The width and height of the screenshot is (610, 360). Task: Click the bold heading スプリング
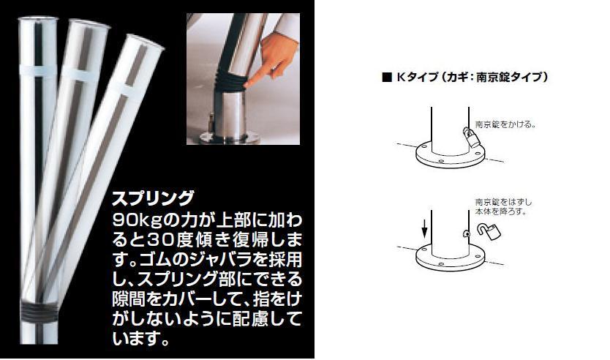153,198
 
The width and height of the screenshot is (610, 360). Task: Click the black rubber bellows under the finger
229,80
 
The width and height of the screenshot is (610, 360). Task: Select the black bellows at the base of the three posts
39,312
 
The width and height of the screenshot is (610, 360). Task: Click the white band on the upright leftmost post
38,70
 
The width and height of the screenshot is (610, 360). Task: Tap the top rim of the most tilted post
145,42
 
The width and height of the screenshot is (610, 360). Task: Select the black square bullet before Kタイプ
387,77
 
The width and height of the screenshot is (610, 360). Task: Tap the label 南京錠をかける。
505,124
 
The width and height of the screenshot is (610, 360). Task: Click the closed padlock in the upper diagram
471,138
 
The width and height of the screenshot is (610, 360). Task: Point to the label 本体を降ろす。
500,212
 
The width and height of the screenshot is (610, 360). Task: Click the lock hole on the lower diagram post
465,234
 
